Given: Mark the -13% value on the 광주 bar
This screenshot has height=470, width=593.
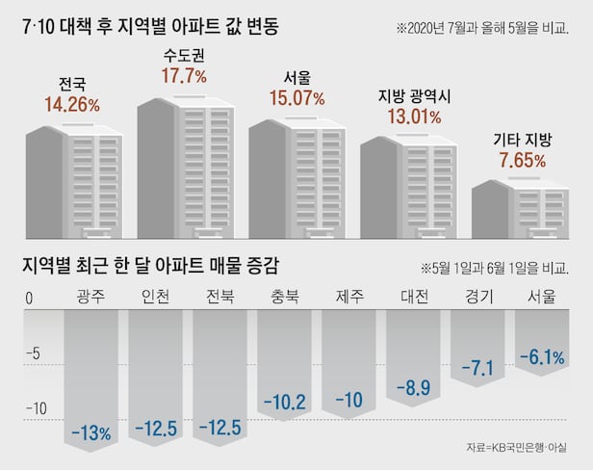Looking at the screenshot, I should (x=90, y=431).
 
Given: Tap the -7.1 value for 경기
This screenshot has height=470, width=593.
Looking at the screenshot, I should (x=478, y=368).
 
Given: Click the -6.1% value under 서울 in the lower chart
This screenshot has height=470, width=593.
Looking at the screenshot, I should (x=541, y=358).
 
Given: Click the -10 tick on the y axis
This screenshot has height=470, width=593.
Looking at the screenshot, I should (x=36, y=408).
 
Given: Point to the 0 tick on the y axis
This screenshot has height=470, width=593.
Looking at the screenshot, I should (x=29, y=299).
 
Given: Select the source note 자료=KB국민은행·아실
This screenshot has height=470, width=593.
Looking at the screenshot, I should (x=516, y=449).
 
